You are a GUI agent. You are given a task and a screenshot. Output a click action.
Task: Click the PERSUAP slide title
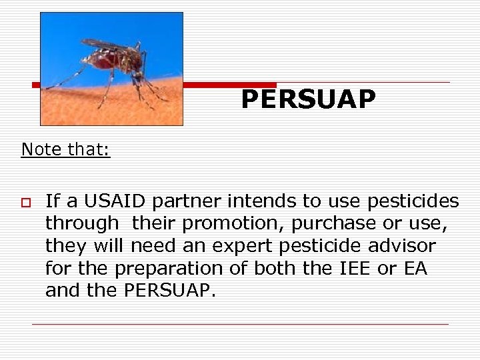308,99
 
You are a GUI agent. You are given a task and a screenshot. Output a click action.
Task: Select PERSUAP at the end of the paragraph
169,291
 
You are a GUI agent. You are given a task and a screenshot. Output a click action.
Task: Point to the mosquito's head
139,61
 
